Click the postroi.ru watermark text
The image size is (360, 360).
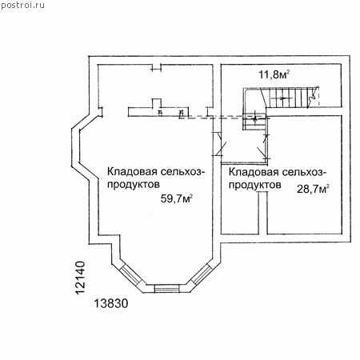(x=22, y=5)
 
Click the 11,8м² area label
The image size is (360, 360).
(x=274, y=74)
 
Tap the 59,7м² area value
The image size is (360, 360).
(x=177, y=198)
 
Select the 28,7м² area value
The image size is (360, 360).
(x=313, y=189)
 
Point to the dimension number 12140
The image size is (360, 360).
(x=80, y=278)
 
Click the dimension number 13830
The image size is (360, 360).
(x=111, y=303)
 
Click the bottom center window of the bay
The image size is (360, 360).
(x=167, y=289)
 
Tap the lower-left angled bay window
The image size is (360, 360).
(x=130, y=274)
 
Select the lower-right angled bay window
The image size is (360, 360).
(x=202, y=274)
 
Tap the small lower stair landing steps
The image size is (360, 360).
(x=254, y=122)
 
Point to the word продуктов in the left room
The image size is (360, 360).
(x=134, y=185)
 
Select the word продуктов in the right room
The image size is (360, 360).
(x=255, y=185)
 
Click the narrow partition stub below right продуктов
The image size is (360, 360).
(x=262, y=214)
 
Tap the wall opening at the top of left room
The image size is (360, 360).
(x=156, y=67)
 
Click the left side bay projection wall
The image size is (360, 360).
(x=75, y=148)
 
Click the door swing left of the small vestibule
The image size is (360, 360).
(x=219, y=144)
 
